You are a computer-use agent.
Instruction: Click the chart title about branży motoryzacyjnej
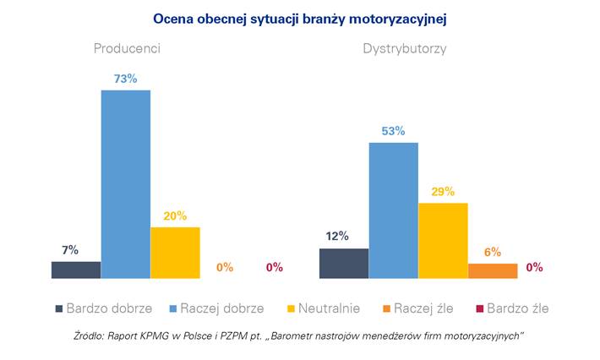[299, 18]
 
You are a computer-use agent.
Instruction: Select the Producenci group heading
[127, 49]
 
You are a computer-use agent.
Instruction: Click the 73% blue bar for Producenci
[126, 184]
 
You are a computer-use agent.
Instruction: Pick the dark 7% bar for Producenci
[76, 270]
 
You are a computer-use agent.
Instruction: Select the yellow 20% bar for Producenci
[175, 253]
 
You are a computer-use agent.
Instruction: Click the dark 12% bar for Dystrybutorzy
[344, 263]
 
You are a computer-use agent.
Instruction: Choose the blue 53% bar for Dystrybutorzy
[393, 210]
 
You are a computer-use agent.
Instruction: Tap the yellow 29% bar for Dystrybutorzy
[443, 241]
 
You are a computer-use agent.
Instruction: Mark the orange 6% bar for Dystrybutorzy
[492, 270]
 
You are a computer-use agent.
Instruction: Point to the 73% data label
[125, 79]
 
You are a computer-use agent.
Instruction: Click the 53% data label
[393, 132]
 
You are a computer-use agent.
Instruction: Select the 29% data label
[443, 192]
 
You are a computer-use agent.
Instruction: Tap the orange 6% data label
[493, 252]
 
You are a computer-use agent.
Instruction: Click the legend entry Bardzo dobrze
[98, 308]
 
